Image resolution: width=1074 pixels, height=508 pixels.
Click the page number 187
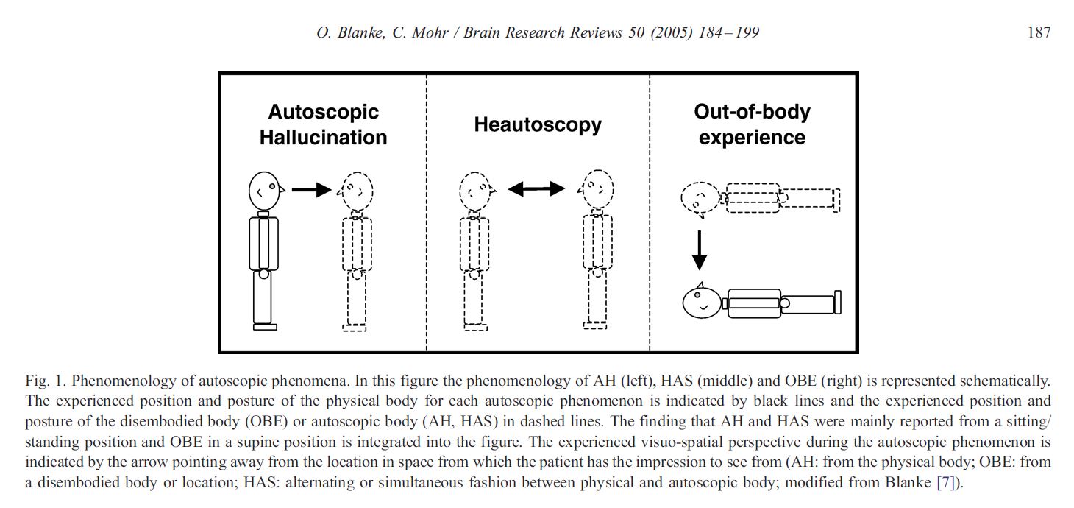tap(1039, 32)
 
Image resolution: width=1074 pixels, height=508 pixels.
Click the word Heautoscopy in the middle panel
tap(538, 124)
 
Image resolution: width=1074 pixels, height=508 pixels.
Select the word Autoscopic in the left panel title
tap(323, 112)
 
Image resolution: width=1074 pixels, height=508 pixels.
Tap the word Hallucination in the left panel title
tap(323, 138)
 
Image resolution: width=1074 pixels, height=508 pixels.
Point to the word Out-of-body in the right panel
tap(752, 112)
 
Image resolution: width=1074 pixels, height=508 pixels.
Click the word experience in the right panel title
tap(752, 138)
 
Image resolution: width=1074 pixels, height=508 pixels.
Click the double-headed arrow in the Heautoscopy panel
tap(536, 189)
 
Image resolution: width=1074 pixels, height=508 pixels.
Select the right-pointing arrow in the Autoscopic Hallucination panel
tap(311, 190)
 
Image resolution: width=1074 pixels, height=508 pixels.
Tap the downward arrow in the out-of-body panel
tap(700, 250)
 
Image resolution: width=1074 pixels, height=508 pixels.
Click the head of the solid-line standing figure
tap(265, 191)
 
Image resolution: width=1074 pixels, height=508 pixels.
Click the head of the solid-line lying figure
tap(702, 301)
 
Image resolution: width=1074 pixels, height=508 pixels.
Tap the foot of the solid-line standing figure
tap(265, 327)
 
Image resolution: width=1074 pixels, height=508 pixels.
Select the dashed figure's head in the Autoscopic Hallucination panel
tap(356, 191)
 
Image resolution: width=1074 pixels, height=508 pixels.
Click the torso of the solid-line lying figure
tap(754, 303)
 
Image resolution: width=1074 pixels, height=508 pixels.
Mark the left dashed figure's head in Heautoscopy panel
tap(476, 191)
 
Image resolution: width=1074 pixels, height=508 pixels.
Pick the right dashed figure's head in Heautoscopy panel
tap(596, 189)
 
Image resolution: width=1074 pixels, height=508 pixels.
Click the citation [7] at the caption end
tap(947, 482)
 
